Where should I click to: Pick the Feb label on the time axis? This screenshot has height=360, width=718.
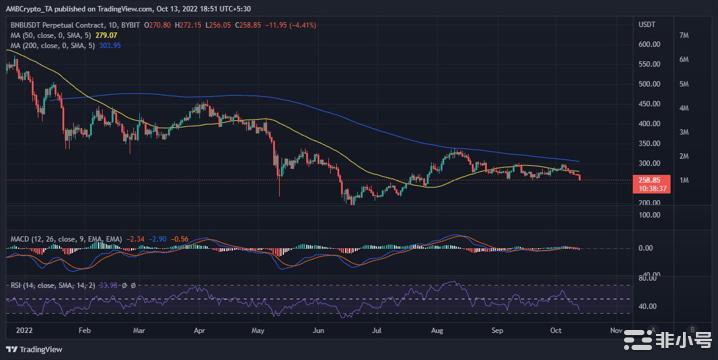(x=84, y=328)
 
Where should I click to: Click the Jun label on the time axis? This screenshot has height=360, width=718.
(x=321, y=328)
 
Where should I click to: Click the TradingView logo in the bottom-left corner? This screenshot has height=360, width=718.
(x=36, y=348)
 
